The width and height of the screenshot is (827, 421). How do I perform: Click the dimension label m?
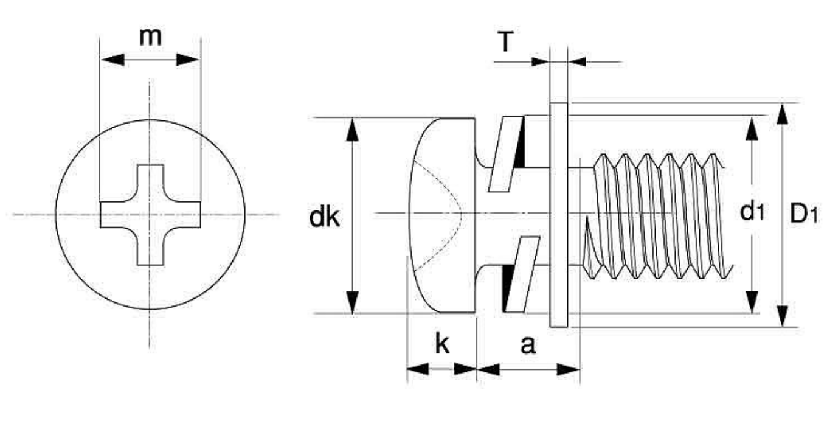151,38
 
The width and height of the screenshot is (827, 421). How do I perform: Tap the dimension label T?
505,41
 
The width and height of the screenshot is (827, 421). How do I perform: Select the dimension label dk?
324,217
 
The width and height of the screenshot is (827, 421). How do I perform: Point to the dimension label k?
442,344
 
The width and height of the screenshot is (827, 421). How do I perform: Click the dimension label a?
528,346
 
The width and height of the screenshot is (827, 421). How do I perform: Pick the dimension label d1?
752,212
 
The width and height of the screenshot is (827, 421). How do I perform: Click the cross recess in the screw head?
150,215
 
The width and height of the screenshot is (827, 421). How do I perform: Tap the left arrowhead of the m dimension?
112,60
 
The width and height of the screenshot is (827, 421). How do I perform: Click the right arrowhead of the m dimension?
188,60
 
